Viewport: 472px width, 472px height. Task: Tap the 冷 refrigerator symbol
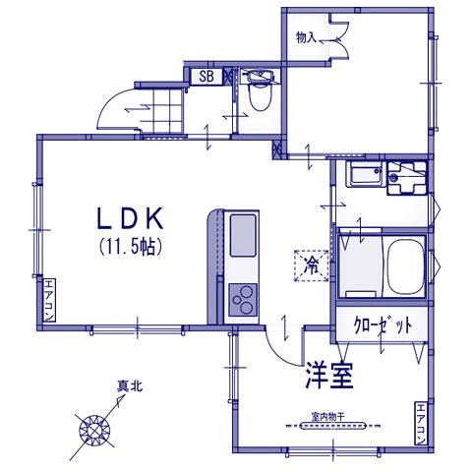[312, 265]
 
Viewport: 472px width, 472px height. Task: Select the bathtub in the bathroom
[404, 265]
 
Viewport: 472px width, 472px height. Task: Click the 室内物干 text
[325, 416]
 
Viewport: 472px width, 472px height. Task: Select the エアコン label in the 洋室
[420, 425]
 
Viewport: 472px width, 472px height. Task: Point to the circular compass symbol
[93, 428]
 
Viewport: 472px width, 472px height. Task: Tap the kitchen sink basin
[241, 236]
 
